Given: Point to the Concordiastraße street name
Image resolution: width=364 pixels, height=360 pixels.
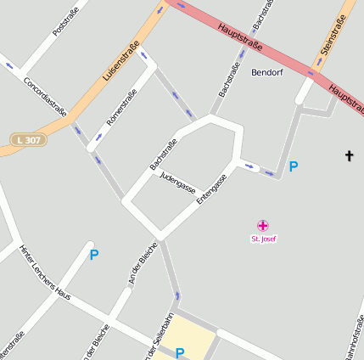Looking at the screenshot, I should click(45, 93).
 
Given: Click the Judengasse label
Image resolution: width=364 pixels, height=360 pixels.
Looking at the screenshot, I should click(177, 181).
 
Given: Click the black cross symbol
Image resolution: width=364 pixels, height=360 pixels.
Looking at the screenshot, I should click(348, 155).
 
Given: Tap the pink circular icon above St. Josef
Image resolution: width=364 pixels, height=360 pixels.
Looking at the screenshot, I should click(263, 225).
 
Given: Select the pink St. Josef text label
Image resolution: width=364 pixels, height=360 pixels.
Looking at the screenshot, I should click(263, 239).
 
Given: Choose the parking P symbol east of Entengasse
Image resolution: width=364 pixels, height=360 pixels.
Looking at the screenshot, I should click(294, 166).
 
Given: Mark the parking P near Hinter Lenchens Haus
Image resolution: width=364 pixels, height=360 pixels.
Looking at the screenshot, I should click(93, 254).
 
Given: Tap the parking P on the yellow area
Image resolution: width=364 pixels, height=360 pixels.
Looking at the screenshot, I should click(180, 352).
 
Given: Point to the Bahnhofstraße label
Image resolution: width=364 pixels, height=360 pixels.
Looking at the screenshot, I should click(356, 336).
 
